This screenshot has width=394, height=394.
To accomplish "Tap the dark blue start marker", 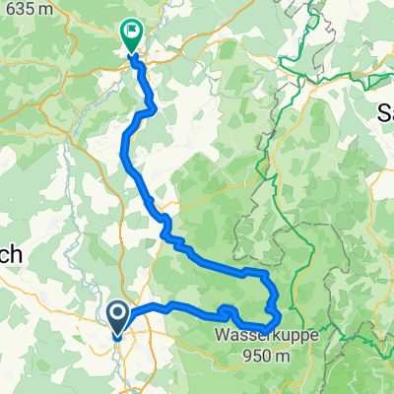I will (x=117, y=318).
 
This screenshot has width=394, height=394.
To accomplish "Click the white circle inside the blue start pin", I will (x=117, y=314).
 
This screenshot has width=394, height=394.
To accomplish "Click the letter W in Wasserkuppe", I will (x=221, y=336).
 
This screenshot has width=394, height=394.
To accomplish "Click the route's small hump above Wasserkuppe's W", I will (x=228, y=310).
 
